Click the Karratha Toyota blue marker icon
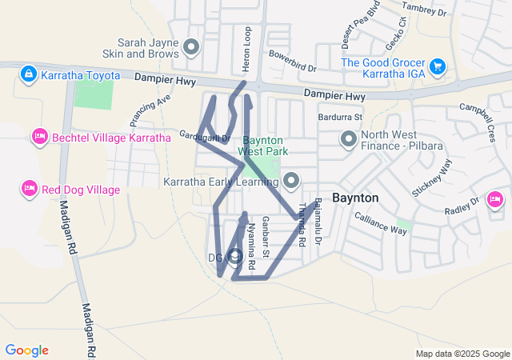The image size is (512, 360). point(29,74)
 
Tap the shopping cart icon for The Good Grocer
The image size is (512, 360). point(438,66)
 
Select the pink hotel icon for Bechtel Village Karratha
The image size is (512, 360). point(38,138)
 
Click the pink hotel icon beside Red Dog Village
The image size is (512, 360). point(29,189)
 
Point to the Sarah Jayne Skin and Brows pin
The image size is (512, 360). point(190,47)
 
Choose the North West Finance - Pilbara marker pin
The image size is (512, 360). point(349,140)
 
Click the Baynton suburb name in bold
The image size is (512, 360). point(354,197)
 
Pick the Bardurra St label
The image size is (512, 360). point(341,117)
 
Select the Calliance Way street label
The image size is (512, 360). point(381,223)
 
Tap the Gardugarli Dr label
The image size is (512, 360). point(205,137)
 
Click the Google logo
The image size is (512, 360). point(26,350)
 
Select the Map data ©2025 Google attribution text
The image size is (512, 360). point(462,354)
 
